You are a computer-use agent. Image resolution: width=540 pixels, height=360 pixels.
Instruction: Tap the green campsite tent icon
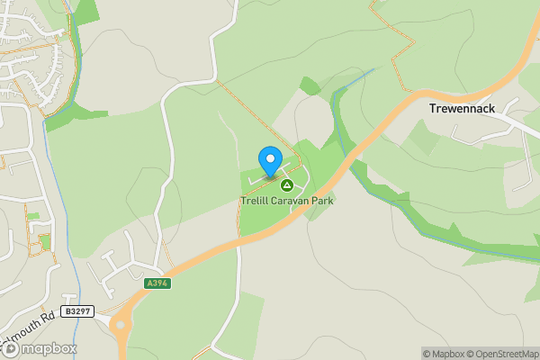click(x=287, y=185)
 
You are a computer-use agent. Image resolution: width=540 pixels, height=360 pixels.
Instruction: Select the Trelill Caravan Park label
click(x=287, y=201)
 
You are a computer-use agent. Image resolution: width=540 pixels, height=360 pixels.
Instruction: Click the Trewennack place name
click(x=462, y=109)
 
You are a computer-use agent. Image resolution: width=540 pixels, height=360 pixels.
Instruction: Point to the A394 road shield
click(x=157, y=283)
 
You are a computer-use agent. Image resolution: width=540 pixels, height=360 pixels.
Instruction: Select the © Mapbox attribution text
click(x=445, y=354)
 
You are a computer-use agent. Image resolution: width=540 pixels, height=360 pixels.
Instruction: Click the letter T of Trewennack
click(x=433, y=109)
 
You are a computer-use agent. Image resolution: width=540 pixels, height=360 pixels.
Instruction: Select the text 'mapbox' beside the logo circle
click(x=49, y=348)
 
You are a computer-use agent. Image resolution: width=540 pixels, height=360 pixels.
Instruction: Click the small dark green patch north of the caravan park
click(x=310, y=86)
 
